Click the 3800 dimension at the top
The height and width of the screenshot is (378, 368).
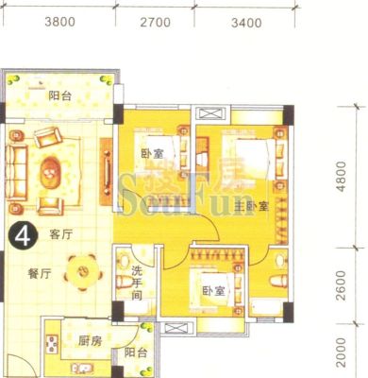(60, 22)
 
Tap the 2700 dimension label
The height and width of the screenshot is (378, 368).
(156, 23)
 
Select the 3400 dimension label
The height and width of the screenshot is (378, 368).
(246, 23)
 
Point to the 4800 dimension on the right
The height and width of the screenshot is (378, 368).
(341, 177)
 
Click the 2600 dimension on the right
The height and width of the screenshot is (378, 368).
(341, 285)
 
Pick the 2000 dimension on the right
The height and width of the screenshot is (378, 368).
(341, 352)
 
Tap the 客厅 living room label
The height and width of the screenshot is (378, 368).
(61, 234)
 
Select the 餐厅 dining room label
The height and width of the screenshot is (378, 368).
(40, 274)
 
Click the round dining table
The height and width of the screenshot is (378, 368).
(83, 271)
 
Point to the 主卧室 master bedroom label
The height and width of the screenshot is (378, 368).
(252, 207)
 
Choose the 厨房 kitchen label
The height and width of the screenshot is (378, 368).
(90, 341)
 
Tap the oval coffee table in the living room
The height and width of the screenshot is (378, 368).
(50, 173)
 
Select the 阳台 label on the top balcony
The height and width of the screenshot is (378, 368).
(60, 95)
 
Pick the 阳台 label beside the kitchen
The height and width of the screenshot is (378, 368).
(136, 352)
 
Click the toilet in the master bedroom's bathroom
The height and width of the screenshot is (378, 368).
(278, 281)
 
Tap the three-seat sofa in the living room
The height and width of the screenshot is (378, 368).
(16, 172)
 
